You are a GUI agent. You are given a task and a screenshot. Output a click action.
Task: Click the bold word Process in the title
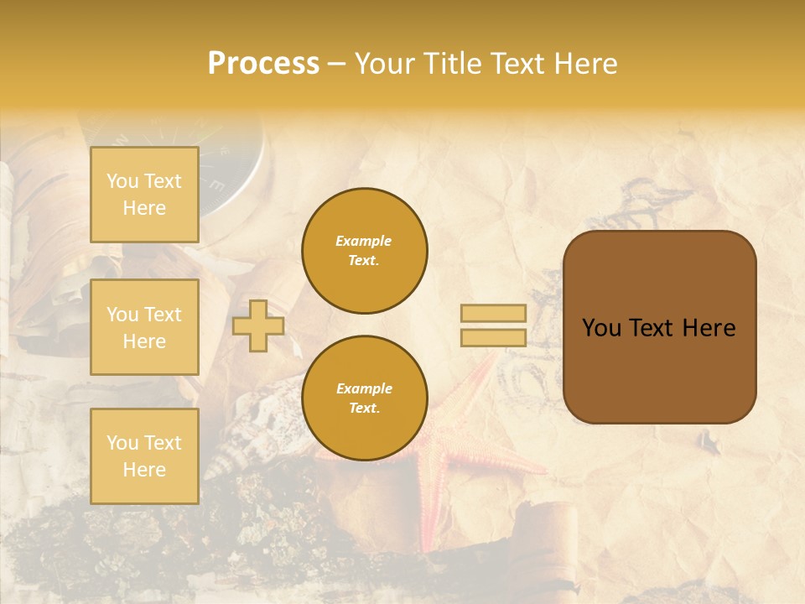pyautogui.click(x=263, y=64)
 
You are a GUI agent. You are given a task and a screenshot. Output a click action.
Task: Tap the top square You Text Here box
pyautogui.click(x=144, y=195)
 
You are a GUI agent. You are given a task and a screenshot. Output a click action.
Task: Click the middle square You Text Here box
pyautogui.click(x=144, y=327)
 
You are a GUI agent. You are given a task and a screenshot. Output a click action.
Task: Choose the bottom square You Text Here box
pyautogui.click(x=144, y=456)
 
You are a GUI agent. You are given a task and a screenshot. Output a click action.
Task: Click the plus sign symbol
pyautogui.click(x=258, y=326)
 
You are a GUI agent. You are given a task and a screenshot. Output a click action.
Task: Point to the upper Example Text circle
pyautogui.click(x=364, y=251)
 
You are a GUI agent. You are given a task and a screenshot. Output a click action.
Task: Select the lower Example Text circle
pyautogui.click(x=364, y=398)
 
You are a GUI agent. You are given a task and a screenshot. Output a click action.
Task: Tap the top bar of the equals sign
pyautogui.click(x=493, y=314)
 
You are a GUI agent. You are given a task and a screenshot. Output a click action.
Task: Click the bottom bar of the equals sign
pyautogui.click(x=493, y=338)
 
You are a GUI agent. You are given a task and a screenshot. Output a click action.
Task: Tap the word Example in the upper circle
pyautogui.click(x=364, y=242)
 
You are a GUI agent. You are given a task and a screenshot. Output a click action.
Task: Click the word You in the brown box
pyautogui.click(x=601, y=328)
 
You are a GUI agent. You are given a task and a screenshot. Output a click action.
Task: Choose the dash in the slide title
pyautogui.click(x=337, y=65)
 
